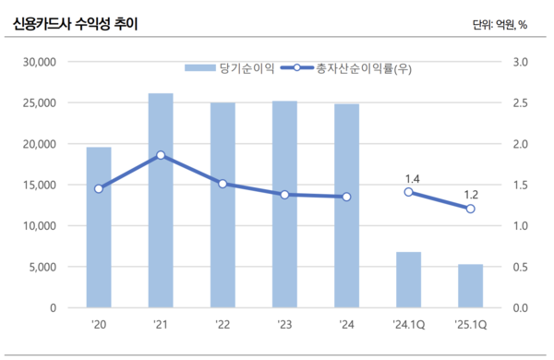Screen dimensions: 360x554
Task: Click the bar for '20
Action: point(99,227)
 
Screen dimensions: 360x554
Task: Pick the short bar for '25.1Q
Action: point(470,285)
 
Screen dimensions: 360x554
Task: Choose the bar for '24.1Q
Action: point(408,280)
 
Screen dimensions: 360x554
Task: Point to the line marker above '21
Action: point(161,155)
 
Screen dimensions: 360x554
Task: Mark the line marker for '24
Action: point(346,197)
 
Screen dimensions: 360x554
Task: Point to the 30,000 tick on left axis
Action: point(41,62)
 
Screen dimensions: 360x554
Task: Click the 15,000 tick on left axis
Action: point(41,185)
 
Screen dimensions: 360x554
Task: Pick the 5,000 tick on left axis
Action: point(43,267)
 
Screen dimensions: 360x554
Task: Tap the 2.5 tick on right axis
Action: point(518,102)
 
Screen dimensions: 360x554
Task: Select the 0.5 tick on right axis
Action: point(518,267)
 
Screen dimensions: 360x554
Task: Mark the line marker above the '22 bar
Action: point(223,184)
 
